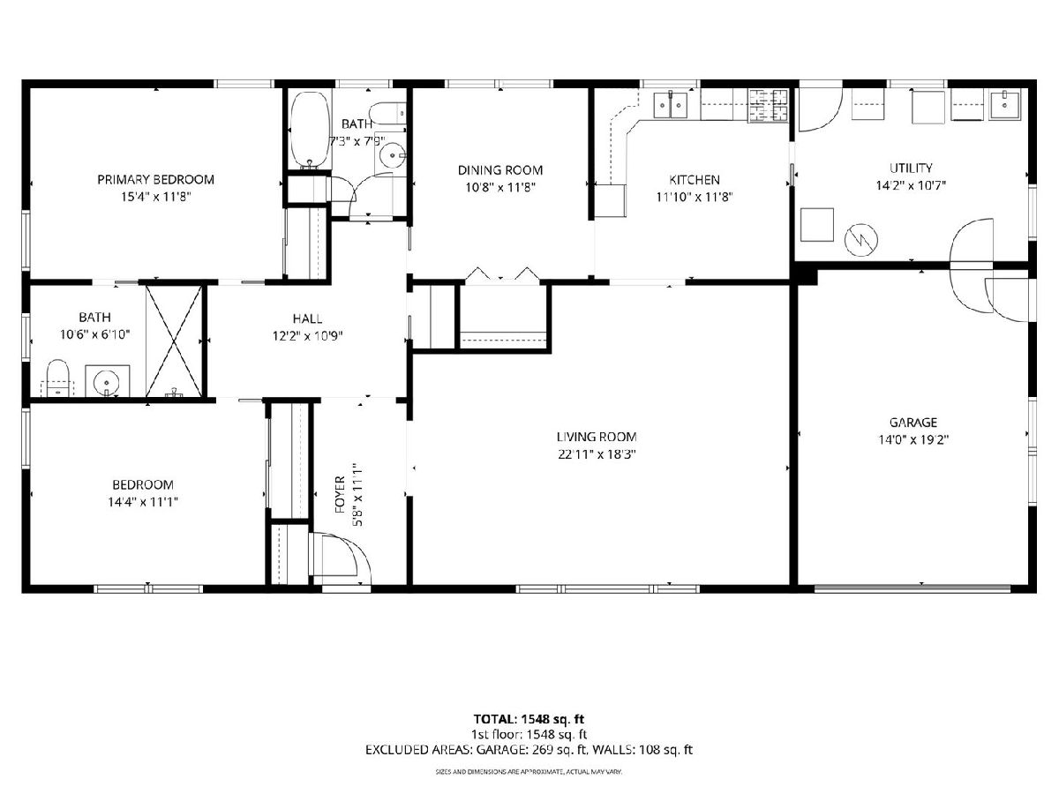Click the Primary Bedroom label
point(156,179)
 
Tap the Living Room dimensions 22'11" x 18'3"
point(597,454)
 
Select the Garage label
point(913,423)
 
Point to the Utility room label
point(911,168)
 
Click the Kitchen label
point(695,179)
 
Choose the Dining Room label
point(500,169)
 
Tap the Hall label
point(307,318)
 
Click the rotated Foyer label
point(340,494)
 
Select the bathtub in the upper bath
point(311,131)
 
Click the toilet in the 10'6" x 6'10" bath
point(58,378)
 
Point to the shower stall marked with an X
point(174,341)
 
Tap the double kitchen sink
point(670,105)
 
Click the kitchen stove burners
point(768,105)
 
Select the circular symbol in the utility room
point(861,240)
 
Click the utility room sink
point(1004,105)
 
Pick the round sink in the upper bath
point(392,155)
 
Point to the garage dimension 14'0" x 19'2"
point(913,439)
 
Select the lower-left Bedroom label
point(143,484)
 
